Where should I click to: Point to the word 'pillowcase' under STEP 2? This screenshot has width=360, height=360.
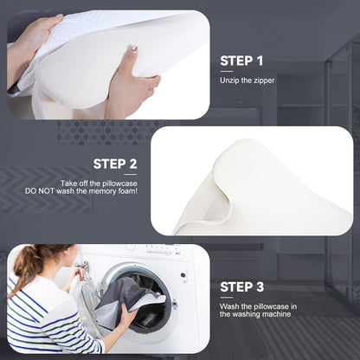coord(119,183)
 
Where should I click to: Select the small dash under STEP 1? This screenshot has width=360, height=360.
coord(226,72)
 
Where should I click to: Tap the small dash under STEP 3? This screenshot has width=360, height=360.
coord(226,297)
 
